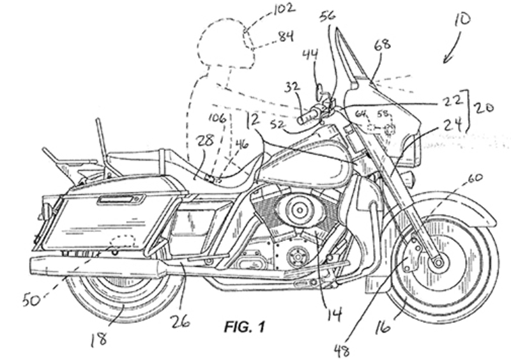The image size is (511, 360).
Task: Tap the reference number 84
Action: pos(283,39)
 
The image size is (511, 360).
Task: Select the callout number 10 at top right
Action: pos(462,19)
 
